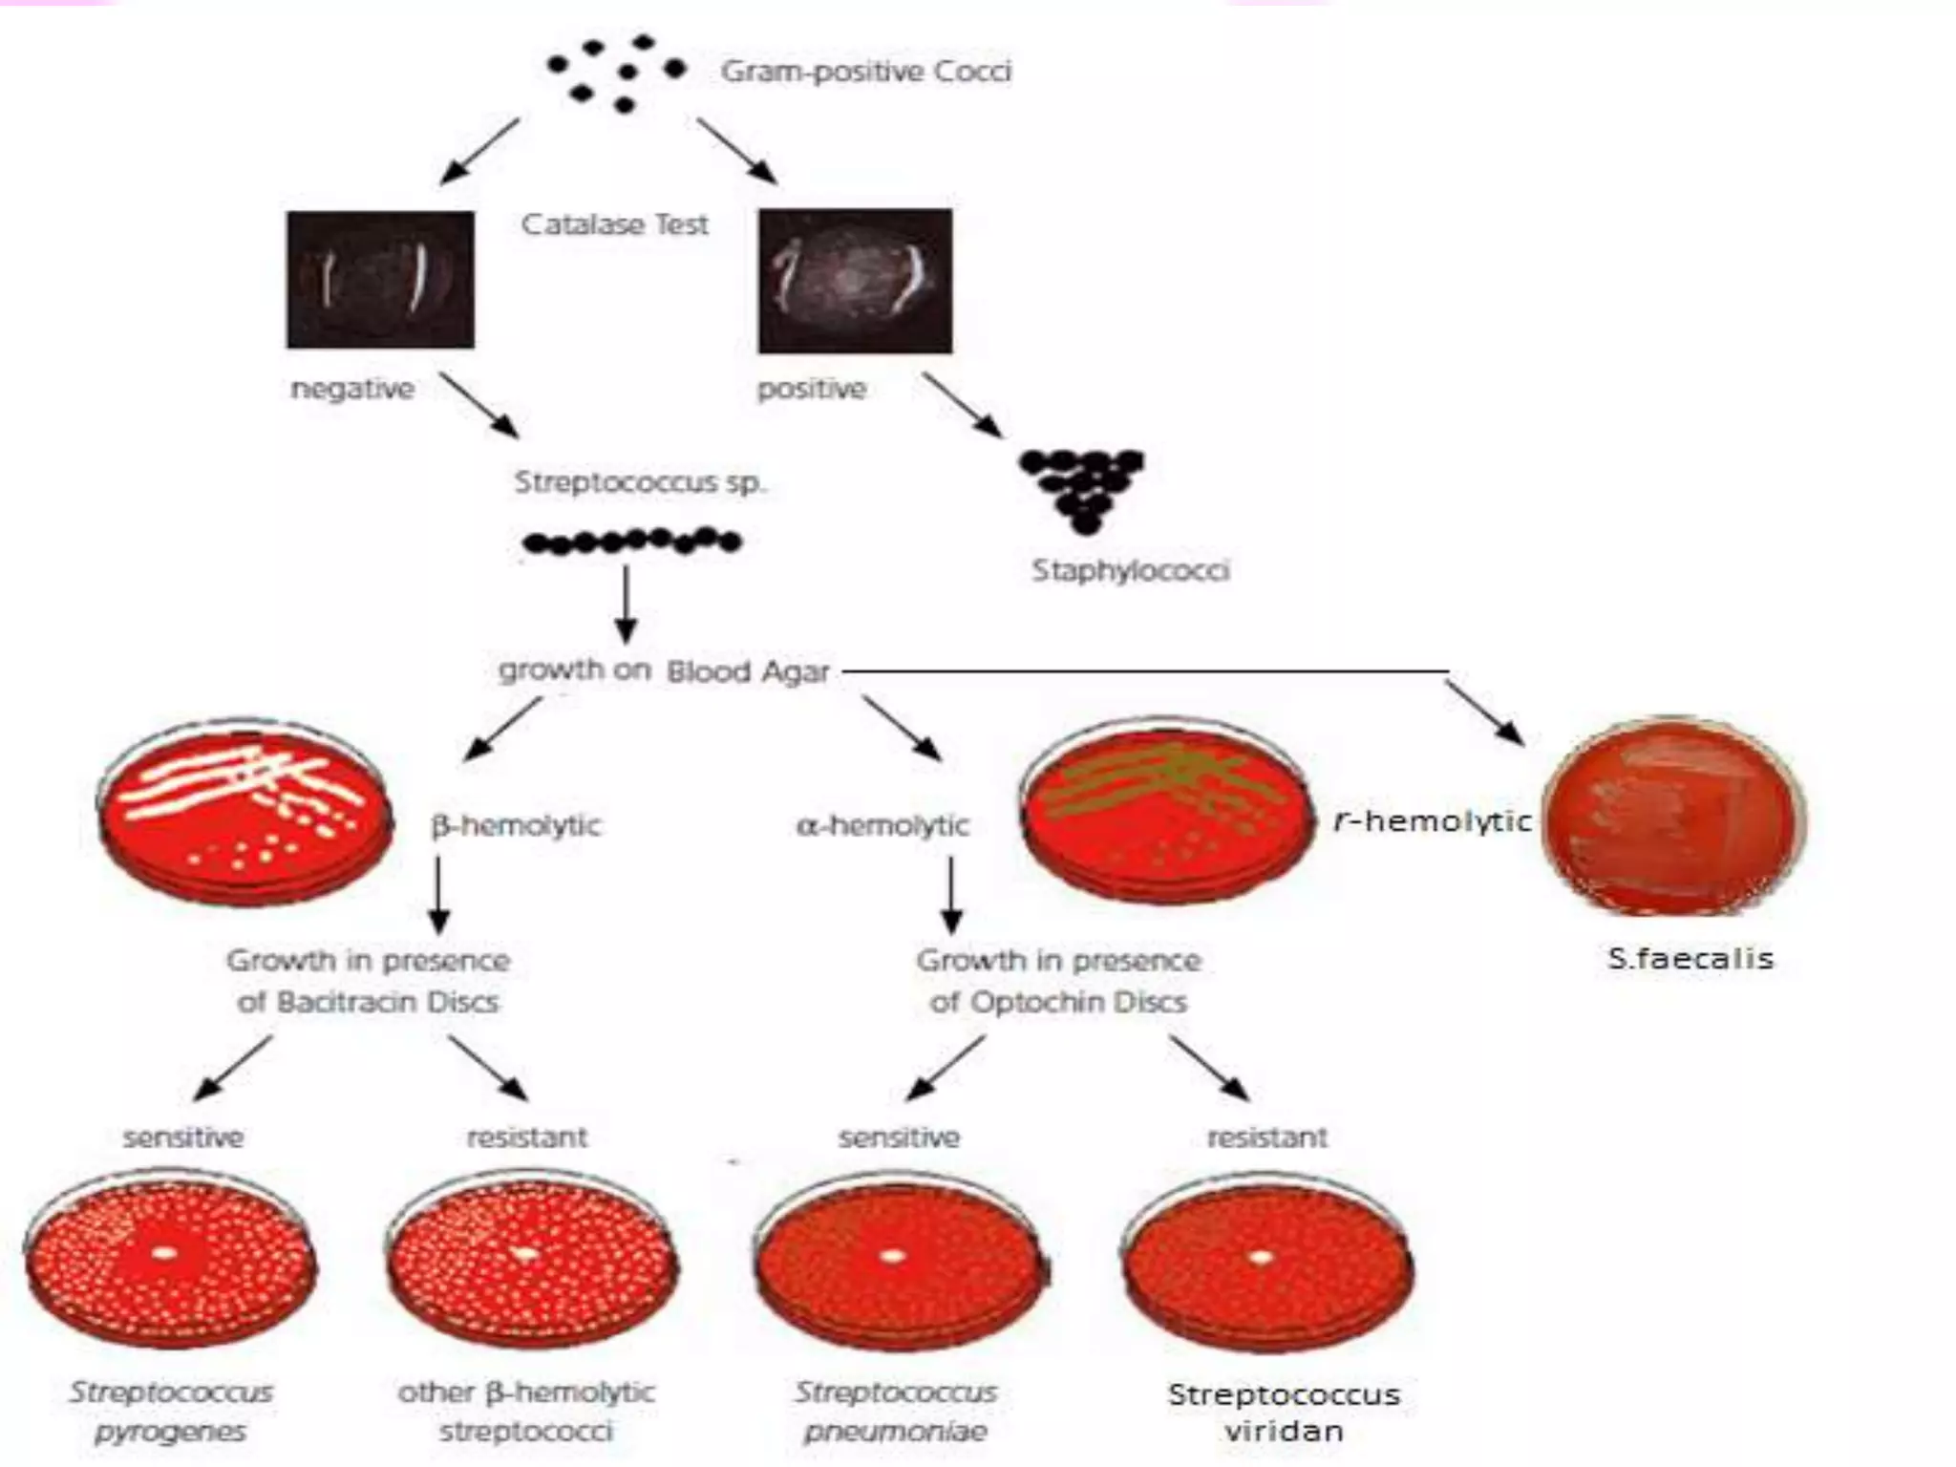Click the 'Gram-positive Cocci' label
pyautogui.click(x=865, y=72)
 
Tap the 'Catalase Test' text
pyautogui.click(x=614, y=224)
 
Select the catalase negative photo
pyautogui.click(x=380, y=279)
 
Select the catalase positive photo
pyautogui.click(x=855, y=281)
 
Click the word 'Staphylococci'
pyautogui.click(x=1130, y=571)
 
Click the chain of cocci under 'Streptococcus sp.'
pyautogui.click(x=631, y=542)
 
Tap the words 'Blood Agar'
pyautogui.click(x=748, y=671)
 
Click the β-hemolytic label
pyautogui.click(x=516, y=825)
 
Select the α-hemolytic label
pyautogui.click(x=882, y=825)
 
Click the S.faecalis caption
pyautogui.click(x=1690, y=958)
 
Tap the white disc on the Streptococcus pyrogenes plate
pyautogui.click(x=165, y=1252)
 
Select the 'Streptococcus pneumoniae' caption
pyautogui.click(x=895, y=1412)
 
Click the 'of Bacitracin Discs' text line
pyautogui.click(x=368, y=1002)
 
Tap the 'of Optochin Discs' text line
pyautogui.click(x=1058, y=1002)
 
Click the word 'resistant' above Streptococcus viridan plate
pyautogui.click(x=1266, y=1137)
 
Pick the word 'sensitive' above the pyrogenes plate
pyautogui.click(x=183, y=1137)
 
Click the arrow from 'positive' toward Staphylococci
pyautogui.click(x=963, y=405)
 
